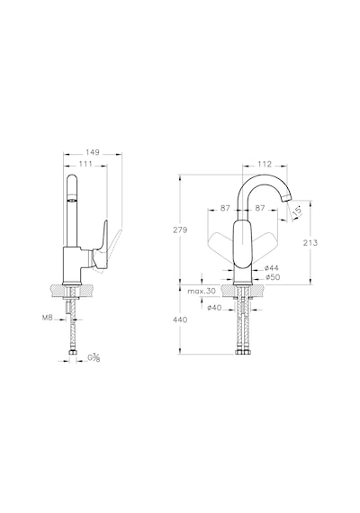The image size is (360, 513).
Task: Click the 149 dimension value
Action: [93, 152]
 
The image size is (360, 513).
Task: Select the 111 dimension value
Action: [85, 164]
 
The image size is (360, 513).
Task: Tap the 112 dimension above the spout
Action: [265, 164]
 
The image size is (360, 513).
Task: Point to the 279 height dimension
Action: [180, 229]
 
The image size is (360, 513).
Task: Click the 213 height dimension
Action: [310, 242]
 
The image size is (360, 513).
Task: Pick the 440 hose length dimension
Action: [180, 319]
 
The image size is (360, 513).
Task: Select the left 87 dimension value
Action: [225, 208]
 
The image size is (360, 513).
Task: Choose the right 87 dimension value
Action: [260, 208]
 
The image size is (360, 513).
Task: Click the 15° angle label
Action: [297, 210]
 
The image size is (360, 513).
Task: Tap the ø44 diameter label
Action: [272, 268]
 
